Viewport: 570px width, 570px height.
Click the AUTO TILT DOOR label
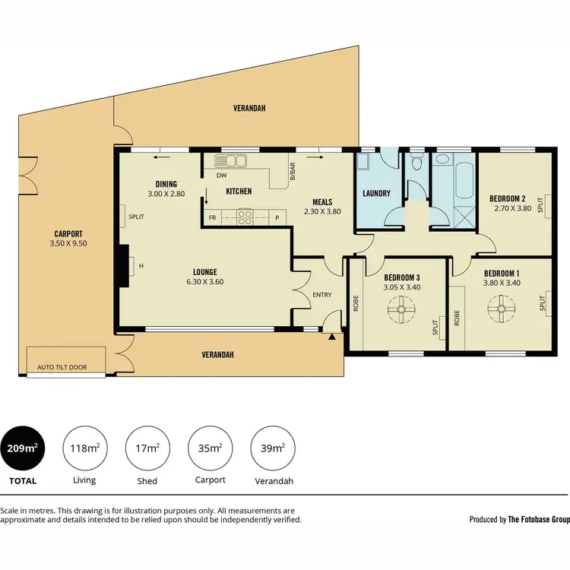(x=62, y=367)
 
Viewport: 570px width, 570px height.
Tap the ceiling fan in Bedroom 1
(x=502, y=309)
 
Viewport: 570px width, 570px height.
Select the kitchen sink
(x=231, y=160)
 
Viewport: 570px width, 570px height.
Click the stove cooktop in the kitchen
(x=245, y=217)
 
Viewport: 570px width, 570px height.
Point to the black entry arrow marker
(x=331, y=337)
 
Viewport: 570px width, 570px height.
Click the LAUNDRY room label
(x=376, y=194)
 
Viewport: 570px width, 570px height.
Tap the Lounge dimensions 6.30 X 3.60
(x=205, y=282)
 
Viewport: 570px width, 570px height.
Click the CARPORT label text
(x=68, y=234)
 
